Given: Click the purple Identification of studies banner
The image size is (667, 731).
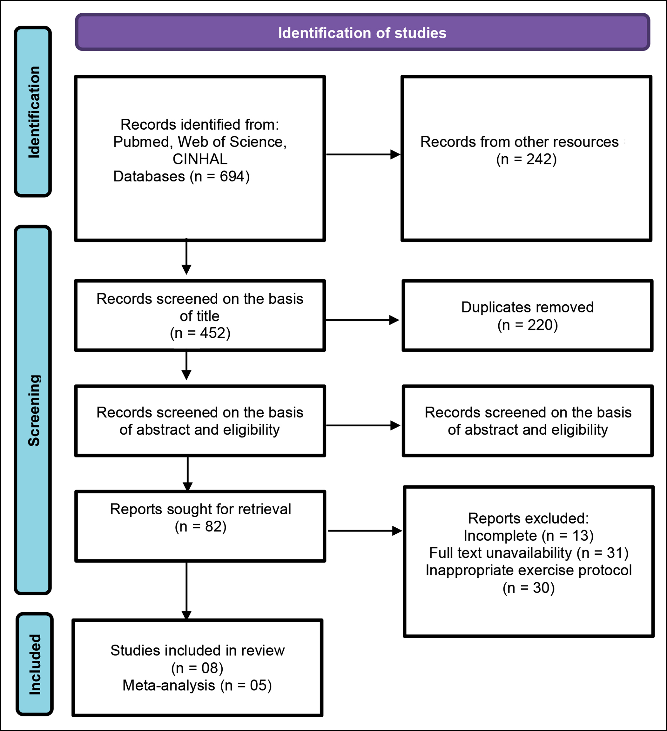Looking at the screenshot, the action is tap(362, 32).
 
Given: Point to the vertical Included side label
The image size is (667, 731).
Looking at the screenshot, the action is tap(35, 664).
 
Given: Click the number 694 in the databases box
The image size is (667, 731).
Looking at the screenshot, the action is tap(232, 177).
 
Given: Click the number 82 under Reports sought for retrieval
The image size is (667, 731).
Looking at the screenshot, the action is tap(213, 526).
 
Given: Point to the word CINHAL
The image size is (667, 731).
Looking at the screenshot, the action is tap(200, 159).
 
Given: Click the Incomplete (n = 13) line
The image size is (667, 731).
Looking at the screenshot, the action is tap(529, 536).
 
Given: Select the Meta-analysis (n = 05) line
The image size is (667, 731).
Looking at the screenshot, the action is tap(197, 685).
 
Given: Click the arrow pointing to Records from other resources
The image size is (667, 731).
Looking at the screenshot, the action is tap(363, 154).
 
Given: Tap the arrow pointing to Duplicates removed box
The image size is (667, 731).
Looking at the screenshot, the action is tap(362, 320).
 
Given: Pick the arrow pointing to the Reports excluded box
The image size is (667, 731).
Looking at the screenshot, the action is tap(365, 531).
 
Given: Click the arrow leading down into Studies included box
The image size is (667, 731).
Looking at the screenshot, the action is tap(186, 591).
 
